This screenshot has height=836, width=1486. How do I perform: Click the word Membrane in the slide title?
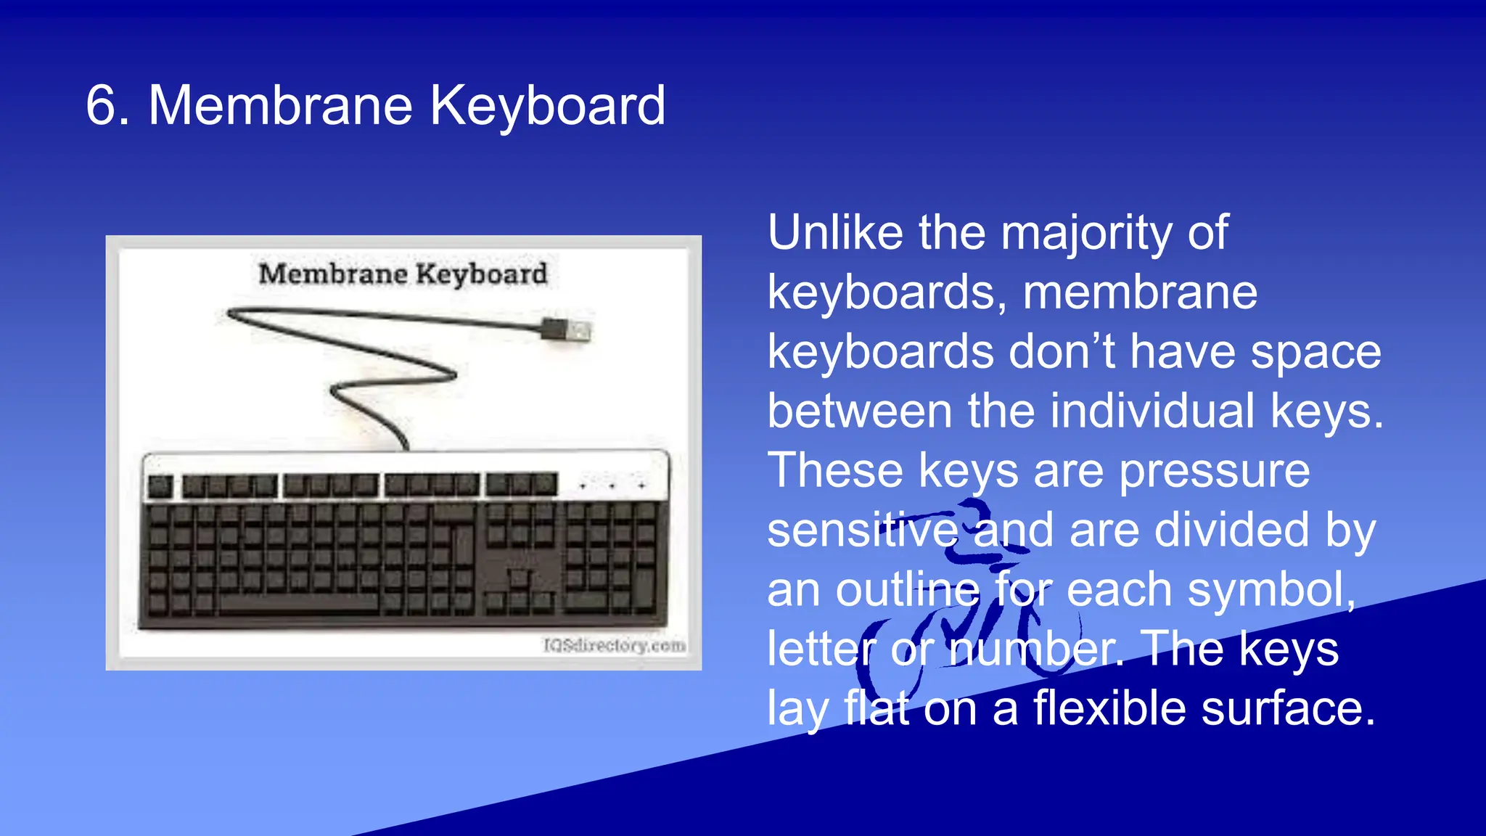(x=280, y=106)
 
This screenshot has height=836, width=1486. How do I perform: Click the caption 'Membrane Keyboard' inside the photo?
(x=403, y=274)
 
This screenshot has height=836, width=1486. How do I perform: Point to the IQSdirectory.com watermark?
(x=614, y=645)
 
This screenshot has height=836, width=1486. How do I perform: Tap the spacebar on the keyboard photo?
(x=297, y=602)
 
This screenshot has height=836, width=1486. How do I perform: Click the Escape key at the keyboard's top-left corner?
(x=160, y=485)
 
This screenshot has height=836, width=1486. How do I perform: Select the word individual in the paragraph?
(x=1152, y=411)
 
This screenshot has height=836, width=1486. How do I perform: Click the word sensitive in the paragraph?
(x=862, y=530)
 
